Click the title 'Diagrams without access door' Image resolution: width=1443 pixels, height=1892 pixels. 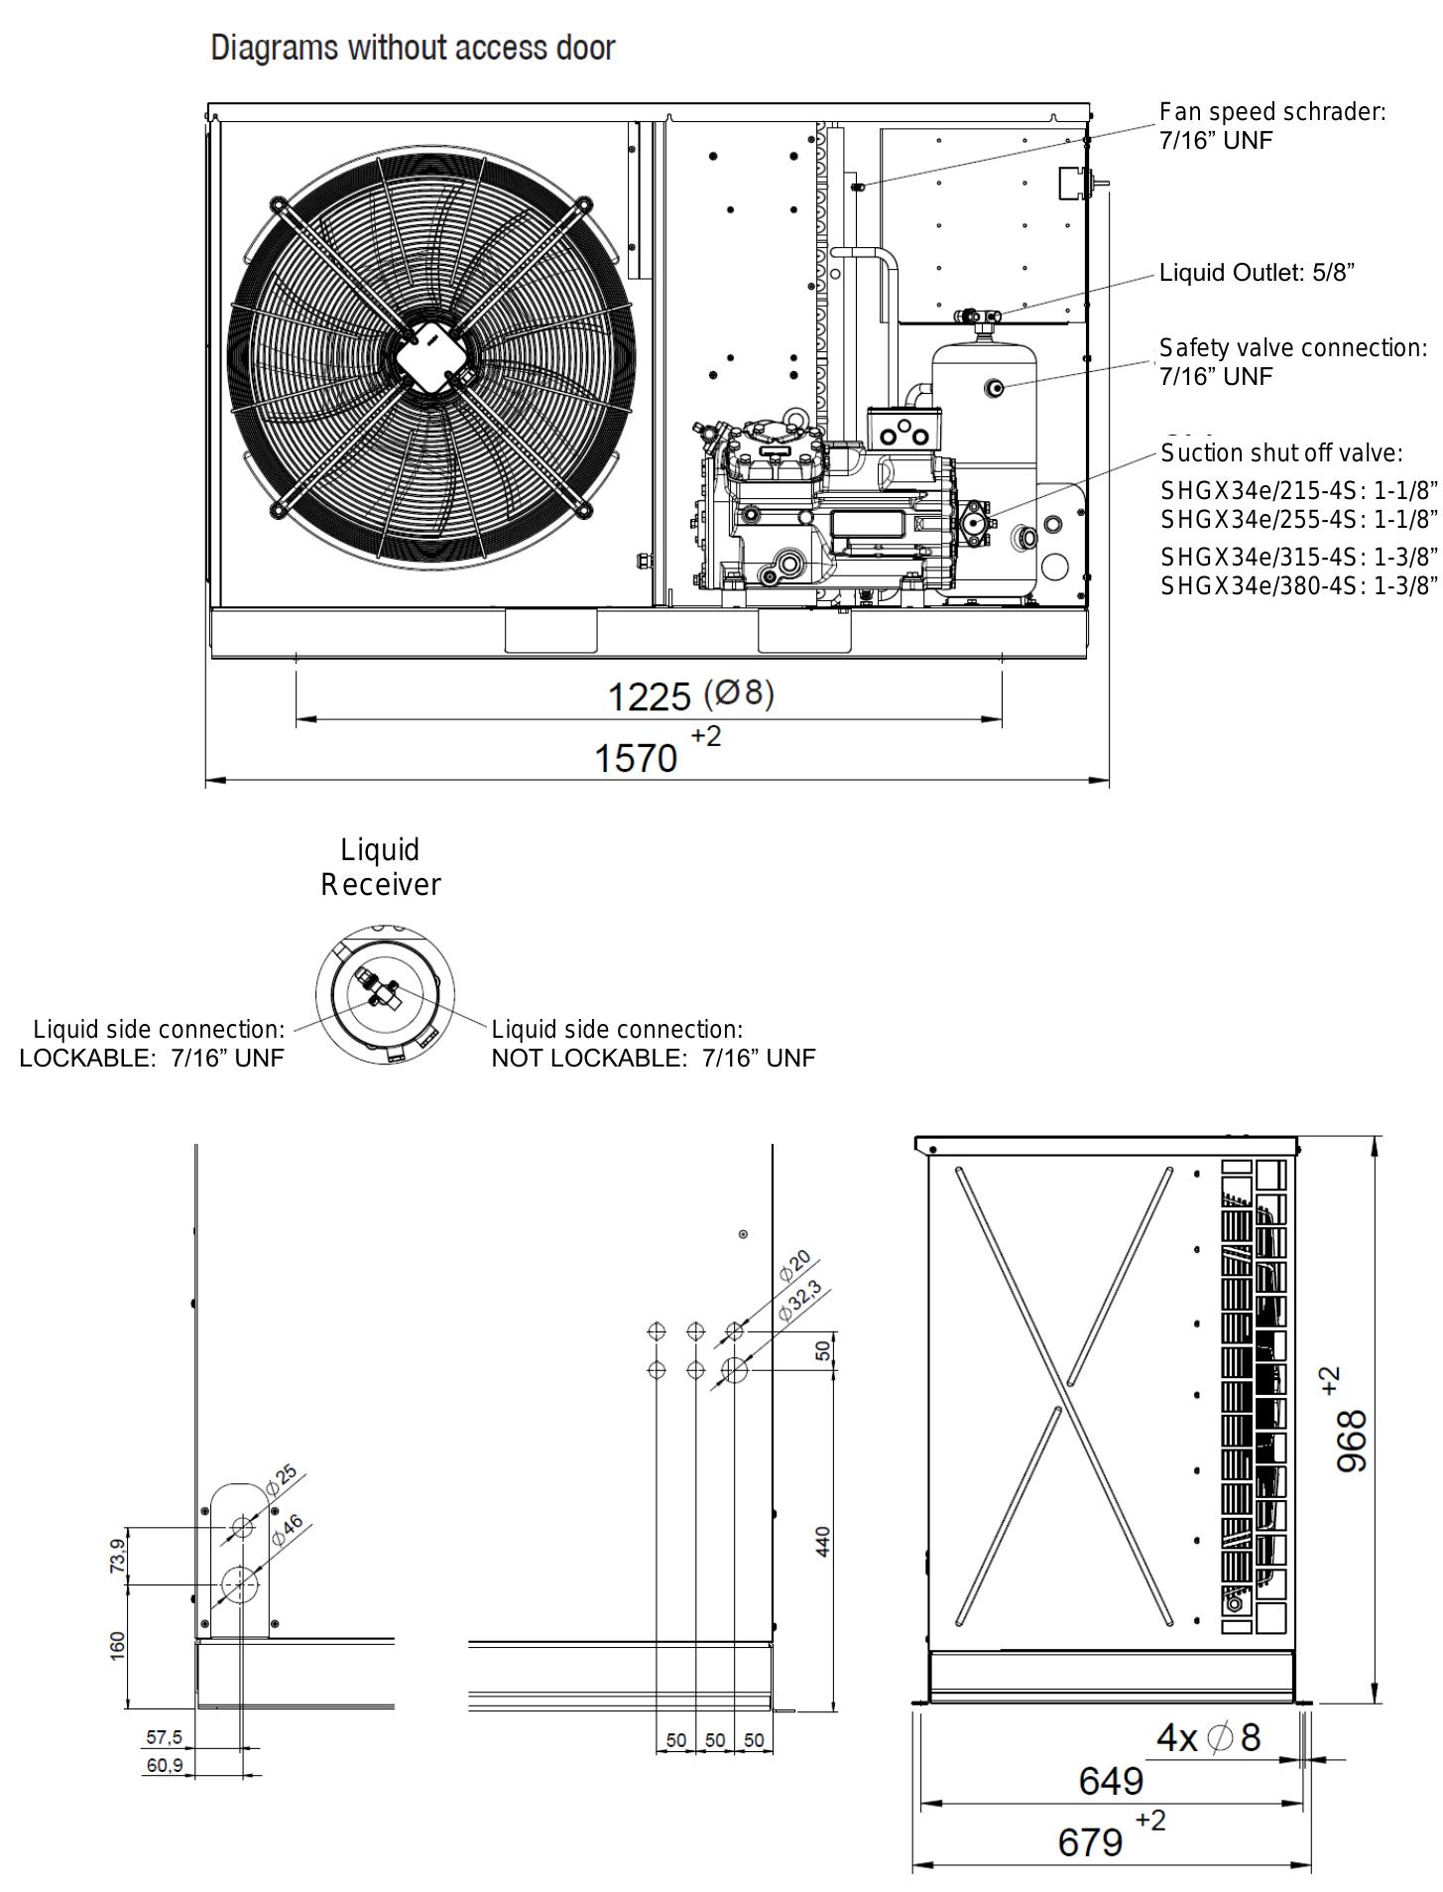pos(413,48)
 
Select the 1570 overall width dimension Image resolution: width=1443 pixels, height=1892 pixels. pos(636,759)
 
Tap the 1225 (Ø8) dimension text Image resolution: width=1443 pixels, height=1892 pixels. pos(689,695)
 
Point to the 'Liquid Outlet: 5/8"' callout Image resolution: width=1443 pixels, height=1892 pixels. pos(1257,273)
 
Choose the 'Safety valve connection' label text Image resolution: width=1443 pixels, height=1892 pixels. pos(1293,348)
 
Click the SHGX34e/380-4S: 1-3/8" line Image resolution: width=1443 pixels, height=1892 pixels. pos(1298,586)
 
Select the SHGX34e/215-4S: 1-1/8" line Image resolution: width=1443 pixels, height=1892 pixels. pos(1298,491)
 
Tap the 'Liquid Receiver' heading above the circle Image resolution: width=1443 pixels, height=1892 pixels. pos(381,867)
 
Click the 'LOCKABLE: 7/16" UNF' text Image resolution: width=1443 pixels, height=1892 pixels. pos(152,1058)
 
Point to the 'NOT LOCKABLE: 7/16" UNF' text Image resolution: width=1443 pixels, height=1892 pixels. pos(653,1058)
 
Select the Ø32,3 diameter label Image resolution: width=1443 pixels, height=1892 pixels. pos(799,1301)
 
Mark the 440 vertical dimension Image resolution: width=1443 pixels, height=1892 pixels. pos(823,1541)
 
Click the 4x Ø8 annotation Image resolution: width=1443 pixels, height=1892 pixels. pos(1209,1737)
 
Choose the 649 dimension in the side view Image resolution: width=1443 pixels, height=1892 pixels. pos(1111,1782)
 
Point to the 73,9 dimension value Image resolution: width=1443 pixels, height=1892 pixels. pos(118,1556)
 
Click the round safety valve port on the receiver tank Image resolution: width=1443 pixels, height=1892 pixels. pos(994,387)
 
